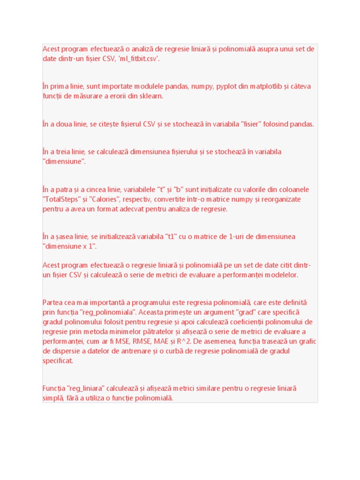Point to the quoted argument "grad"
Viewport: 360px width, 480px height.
point(239,312)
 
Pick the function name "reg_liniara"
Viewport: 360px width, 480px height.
point(87,389)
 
